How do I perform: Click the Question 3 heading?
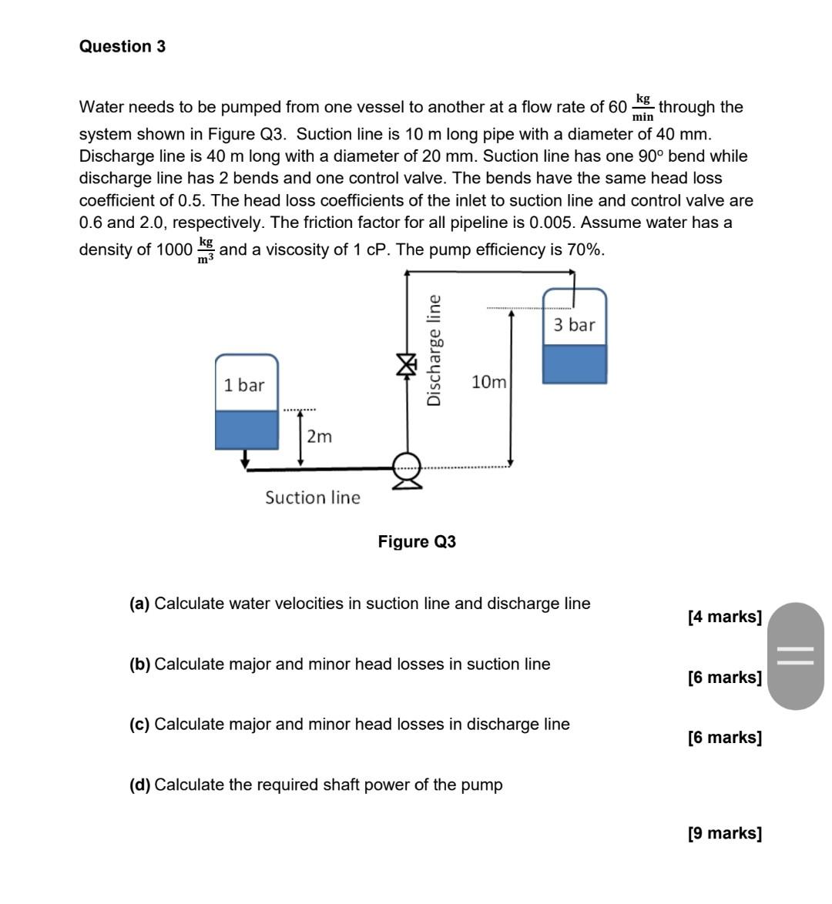122,47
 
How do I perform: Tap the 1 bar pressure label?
244,385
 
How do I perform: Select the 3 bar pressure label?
575,325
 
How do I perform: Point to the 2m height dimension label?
319,437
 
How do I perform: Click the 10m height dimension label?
488,382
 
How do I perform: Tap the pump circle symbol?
407,466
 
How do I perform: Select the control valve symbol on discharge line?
406,364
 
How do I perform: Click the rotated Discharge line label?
434,350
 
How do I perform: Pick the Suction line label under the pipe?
313,497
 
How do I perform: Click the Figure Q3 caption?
417,542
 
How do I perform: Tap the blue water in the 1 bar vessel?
247,430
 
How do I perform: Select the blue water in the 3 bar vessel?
575,364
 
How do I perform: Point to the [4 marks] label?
724,617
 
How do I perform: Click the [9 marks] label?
724,833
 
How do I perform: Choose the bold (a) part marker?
139,604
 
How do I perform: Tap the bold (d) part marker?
139,785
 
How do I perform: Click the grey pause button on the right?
796,656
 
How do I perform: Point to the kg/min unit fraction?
642,108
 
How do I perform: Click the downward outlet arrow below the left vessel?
246,459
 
